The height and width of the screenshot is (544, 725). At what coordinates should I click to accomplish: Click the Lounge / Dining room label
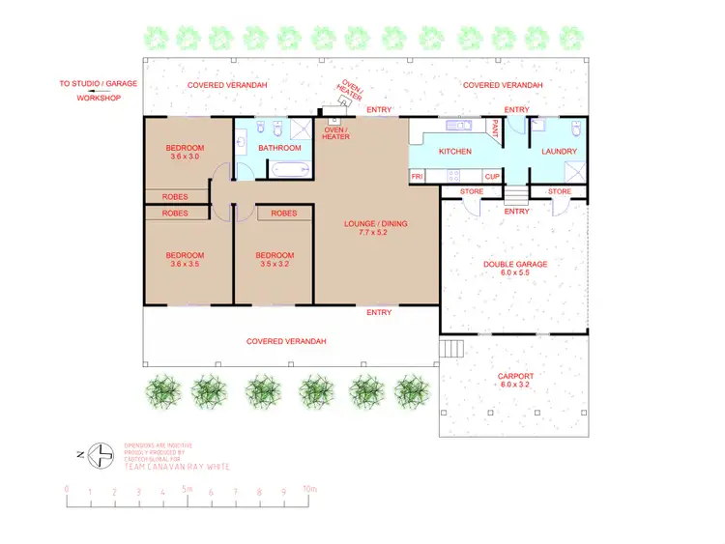pos(376,224)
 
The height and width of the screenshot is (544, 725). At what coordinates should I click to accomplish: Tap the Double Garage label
pos(515,264)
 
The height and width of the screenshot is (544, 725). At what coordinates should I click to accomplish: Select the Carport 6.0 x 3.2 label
pos(514,381)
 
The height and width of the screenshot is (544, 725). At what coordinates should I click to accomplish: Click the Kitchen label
pos(455,152)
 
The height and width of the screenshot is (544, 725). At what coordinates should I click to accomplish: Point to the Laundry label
pos(559,151)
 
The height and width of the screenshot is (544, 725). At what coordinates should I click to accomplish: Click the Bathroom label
pos(279,148)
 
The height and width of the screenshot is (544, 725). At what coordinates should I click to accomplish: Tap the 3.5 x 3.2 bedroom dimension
pos(275,264)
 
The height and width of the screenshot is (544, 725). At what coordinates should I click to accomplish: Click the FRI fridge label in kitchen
pos(418,177)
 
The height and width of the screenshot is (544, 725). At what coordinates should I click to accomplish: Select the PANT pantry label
pos(494,127)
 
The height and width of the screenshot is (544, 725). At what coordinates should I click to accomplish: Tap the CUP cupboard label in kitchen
pos(492,177)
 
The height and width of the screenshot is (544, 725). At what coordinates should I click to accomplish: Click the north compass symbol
pos(99,452)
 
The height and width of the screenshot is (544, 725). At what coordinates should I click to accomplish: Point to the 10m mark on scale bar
pos(308,491)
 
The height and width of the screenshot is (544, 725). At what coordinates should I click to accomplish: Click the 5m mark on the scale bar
pos(188,491)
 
